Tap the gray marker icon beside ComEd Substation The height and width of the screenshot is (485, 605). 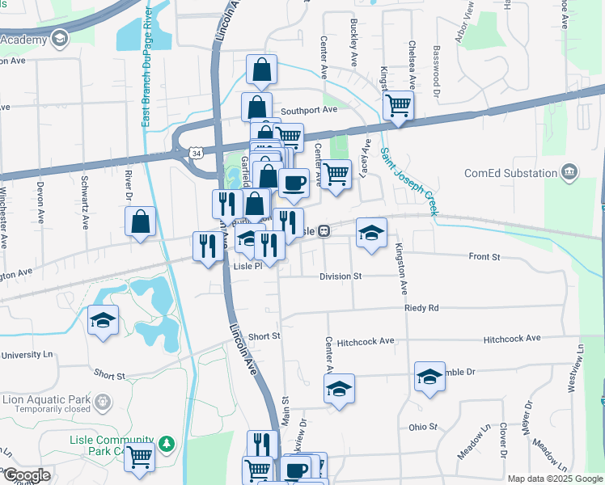pos(570,172)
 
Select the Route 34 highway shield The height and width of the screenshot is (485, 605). pos(196,151)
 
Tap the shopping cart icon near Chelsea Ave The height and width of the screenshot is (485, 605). pos(398,104)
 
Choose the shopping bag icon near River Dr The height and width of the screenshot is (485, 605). pos(141,221)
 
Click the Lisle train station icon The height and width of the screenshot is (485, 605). pos(323,231)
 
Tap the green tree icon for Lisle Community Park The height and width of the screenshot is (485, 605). pos(167,444)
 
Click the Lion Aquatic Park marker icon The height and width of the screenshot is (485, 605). pos(103,400)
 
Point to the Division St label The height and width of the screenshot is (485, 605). pos(341,276)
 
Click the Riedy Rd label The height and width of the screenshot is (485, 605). pos(422,308)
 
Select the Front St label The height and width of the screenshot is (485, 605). pos(484,257)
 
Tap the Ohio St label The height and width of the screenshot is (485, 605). pos(422,426)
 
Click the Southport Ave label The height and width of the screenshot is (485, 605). pos(308,110)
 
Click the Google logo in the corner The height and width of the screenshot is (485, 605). pos(26,475)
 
